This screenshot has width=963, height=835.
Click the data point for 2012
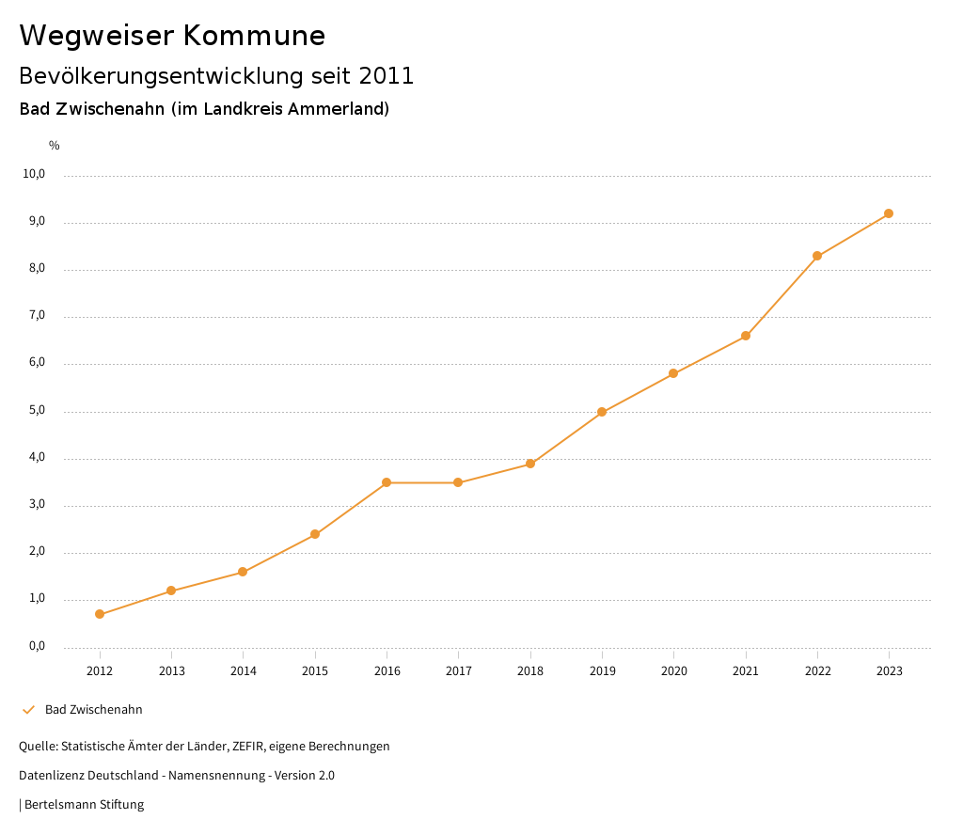[100, 614]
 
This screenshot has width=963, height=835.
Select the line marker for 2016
[387, 482]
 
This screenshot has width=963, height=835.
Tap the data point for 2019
[602, 412]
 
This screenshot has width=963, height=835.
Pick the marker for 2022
[817, 256]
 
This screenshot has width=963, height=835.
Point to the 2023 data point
[889, 213]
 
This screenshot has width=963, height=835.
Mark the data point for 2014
[243, 572]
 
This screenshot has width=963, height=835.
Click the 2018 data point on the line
[530, 464]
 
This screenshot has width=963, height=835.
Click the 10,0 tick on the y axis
[35, 174]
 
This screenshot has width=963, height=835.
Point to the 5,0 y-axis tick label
[37, 411]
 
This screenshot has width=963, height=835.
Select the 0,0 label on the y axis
[37, 646]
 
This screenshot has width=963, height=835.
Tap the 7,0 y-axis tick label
[37, 316]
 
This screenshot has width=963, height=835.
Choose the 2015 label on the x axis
[315, 670]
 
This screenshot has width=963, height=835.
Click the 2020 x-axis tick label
[673, 670]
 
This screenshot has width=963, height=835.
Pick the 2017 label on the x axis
[458, 670]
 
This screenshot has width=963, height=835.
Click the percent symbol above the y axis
[55, 146]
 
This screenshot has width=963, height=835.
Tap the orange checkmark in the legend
[28, 710]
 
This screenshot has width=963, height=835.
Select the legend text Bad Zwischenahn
[94, 710]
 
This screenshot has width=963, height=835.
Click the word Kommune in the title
[254, 36]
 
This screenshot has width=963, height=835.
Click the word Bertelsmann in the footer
[61, 805]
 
